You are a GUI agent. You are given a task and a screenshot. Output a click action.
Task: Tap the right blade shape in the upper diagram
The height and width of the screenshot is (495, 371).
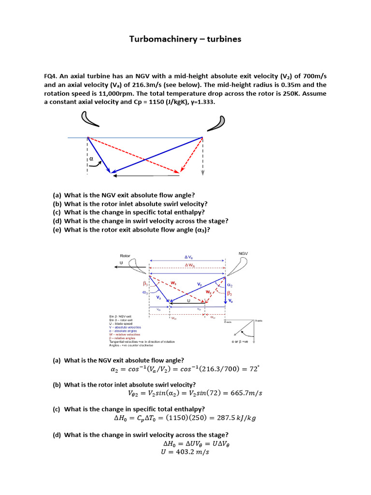point(216,123)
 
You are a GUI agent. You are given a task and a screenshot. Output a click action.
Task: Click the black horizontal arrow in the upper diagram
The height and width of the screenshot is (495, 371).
point(145,175)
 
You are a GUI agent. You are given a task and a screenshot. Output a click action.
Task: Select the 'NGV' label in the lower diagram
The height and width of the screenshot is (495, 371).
point(243,253)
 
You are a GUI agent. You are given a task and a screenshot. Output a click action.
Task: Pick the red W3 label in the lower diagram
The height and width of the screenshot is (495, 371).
point(173,283)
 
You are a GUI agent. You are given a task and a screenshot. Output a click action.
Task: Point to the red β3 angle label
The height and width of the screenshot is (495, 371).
point(144,285)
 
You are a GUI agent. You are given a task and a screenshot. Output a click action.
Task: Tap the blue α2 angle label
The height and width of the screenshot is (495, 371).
point(230,286)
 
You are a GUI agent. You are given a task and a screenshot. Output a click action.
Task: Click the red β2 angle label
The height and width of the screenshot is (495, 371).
point(230,293)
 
